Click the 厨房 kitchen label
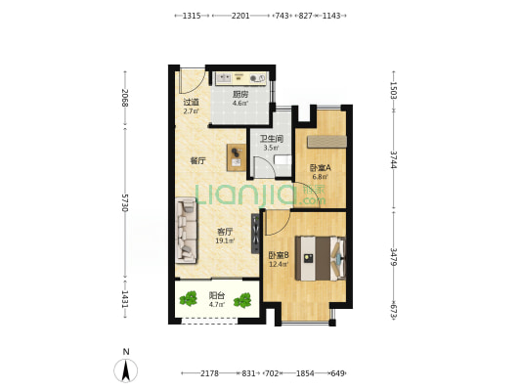click(240, 95)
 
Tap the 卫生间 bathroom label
click(271, 139)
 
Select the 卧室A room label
click(320, 168)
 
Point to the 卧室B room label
click(279, 255)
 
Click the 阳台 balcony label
click(217, 295)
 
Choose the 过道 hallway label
click(191, 102)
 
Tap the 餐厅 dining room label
click(197, 161)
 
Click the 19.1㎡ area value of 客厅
click(225, 240)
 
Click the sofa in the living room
click(186, 231)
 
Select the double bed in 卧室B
click(321, 258)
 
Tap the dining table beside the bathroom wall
click(237, 157)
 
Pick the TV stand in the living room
click(255, 234)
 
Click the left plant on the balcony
click(188, 298)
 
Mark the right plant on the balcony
click(242, 300)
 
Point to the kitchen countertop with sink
click(240, 79)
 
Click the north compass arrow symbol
click(125, 370)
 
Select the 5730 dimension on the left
click(125, 202)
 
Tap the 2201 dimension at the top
click(240, 16)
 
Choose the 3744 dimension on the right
click(393, 159)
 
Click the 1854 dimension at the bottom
click(305, 373)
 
